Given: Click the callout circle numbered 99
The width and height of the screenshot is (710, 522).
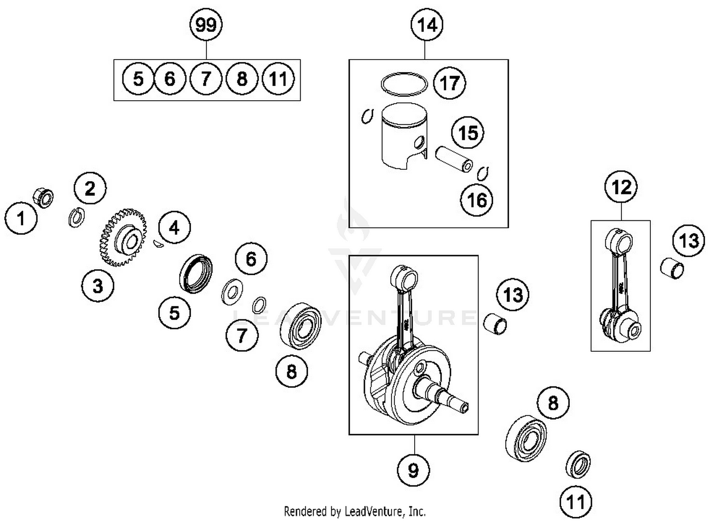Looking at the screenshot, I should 206,25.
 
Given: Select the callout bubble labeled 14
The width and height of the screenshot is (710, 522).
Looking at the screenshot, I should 426,25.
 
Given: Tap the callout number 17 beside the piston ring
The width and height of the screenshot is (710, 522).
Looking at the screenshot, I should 449,83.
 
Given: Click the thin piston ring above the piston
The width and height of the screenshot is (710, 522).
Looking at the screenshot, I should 404,84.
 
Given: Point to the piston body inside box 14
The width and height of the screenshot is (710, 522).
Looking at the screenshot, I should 404,137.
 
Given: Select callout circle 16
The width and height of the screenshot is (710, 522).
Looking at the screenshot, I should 477,200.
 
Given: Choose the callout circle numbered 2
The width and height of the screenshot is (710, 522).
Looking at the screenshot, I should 90,189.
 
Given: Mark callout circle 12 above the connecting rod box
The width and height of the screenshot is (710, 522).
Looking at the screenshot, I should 621,188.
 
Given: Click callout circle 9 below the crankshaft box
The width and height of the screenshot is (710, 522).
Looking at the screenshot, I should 413,470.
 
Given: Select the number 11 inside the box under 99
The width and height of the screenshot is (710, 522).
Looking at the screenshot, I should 278,79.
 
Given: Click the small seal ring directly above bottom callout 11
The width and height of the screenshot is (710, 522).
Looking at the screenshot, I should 578,464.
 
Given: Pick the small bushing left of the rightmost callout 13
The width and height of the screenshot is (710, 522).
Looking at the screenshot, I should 672,268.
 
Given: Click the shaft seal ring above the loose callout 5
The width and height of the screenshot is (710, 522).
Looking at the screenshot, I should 195,273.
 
